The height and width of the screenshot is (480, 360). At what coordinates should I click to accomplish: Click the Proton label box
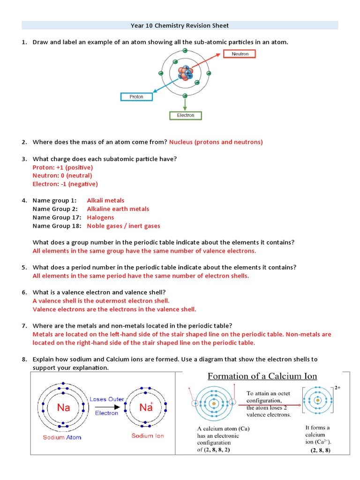pos(136,97)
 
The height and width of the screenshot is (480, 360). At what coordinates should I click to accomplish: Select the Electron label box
pos(185,115)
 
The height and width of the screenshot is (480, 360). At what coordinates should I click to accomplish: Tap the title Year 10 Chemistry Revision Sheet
pos(180,25)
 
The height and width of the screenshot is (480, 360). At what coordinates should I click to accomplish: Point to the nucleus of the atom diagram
pos(185,73)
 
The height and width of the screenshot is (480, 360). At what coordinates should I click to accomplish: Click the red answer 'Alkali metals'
pos(105,201)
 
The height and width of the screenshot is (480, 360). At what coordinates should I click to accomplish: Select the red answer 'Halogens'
pos(100,217)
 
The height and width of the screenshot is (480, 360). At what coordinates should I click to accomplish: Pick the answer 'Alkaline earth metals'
pos(118,209)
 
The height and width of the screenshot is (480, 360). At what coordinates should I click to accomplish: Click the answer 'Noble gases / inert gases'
pos(123,226)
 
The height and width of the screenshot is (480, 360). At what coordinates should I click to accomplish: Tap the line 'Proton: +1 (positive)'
pos(63,167)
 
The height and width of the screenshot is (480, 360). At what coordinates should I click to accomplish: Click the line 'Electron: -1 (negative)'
pos(65,184)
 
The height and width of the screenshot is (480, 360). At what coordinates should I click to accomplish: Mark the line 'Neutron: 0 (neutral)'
pos(62,176)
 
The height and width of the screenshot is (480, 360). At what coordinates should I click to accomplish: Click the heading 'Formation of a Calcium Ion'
pos(262,376)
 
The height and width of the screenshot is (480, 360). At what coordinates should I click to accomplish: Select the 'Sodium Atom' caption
pos(62,437)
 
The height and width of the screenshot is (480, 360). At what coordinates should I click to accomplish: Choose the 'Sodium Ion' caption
pos(148,436)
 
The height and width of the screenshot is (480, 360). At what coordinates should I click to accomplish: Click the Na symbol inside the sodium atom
pos(63,407)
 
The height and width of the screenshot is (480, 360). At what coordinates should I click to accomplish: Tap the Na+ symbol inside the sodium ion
pos(147,407)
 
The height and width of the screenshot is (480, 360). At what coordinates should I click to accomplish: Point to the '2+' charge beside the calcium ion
pos(337,389)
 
